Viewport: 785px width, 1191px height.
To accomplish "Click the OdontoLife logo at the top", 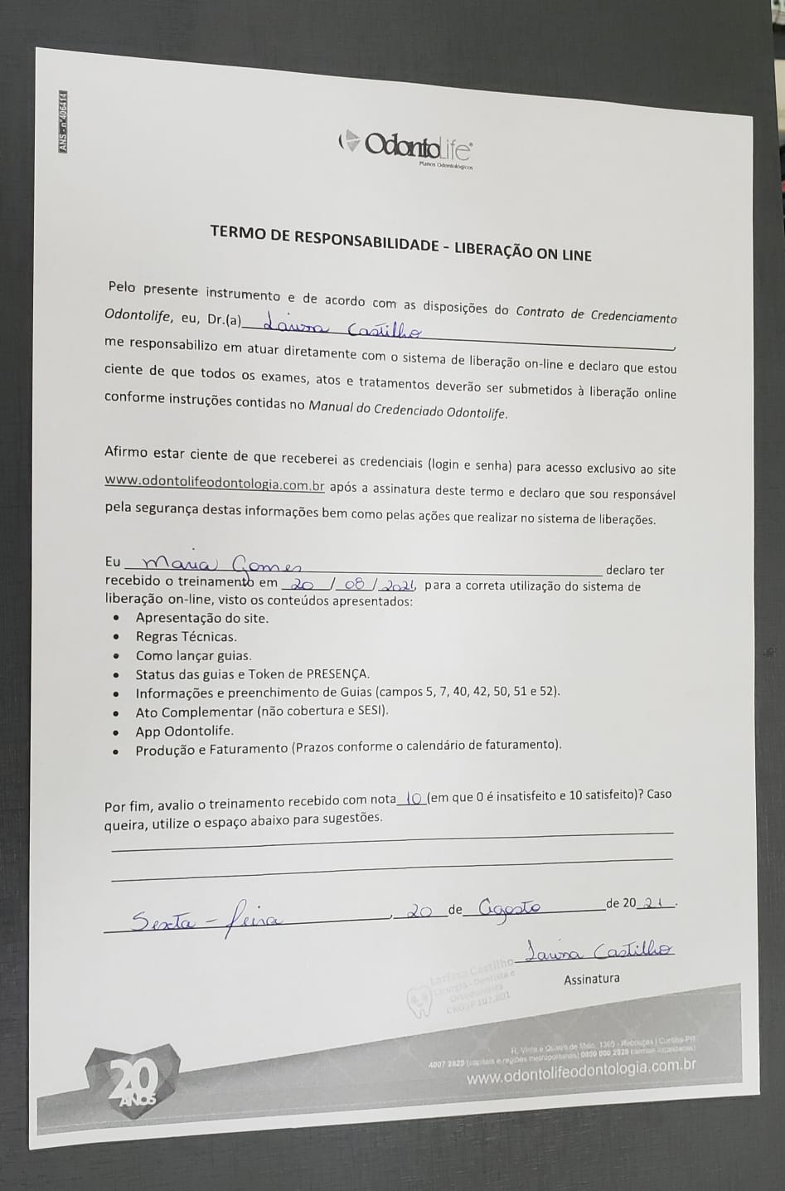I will [x=406, y=148].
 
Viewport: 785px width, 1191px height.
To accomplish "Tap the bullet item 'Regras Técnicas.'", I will [x=186, y=637].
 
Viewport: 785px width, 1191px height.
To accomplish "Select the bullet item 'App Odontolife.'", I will [x=184, y=731].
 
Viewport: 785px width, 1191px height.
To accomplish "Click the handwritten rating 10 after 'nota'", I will [x=414, y=799].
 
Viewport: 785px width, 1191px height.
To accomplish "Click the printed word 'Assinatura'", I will [x=591, y=979].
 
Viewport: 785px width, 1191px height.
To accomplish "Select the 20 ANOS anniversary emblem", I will [x=133, y=1079].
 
